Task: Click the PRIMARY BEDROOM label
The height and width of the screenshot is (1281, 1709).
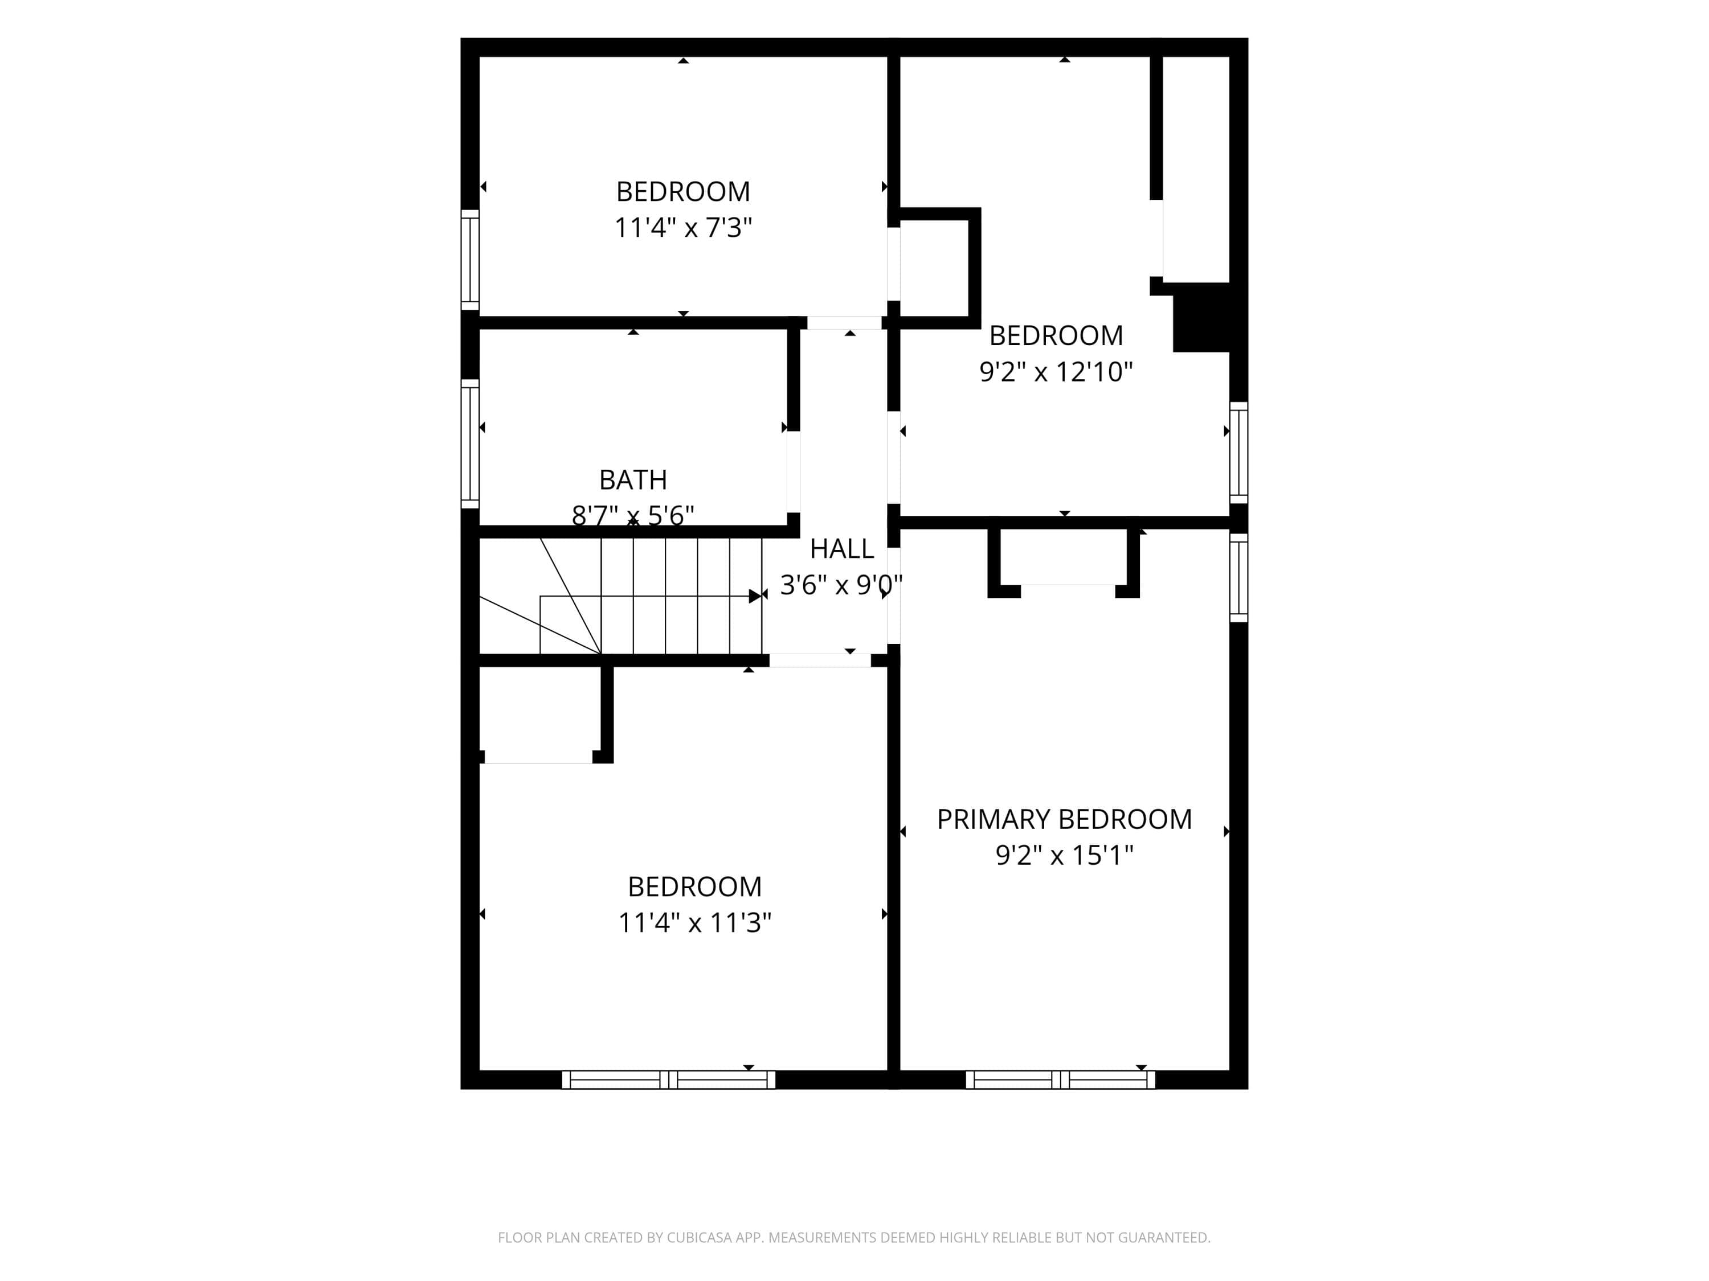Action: click(1064, 819)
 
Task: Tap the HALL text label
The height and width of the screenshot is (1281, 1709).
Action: click(841, 549)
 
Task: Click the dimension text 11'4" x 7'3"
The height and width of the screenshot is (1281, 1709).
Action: click(683, 228)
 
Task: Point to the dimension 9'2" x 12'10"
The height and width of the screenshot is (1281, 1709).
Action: click(1056, 372)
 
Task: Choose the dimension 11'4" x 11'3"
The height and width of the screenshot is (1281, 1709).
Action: click(694, 923)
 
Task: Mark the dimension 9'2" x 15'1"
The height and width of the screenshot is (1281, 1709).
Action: click(1064, 856)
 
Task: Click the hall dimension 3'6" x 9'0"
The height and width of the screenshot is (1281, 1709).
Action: click(841, 585)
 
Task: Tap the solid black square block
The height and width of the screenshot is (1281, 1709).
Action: click(1201, 317)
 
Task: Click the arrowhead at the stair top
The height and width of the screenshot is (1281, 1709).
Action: click(755, 596)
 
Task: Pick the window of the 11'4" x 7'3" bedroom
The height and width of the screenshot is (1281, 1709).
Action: click(470, 260)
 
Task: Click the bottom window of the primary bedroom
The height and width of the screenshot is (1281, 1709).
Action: click(1061, 1079)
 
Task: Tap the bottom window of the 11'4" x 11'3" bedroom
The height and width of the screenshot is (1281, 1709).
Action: click(668, 1079)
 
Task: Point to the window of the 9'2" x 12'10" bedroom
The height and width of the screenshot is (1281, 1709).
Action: click(1238, 453)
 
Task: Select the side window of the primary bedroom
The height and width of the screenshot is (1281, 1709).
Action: click(1238, 577)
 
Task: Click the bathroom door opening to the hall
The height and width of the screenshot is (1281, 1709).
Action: click(794, 472)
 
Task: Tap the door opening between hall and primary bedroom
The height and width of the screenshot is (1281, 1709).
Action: click(893, 596)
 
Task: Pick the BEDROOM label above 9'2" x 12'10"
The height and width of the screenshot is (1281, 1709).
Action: click(1056, 336)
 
